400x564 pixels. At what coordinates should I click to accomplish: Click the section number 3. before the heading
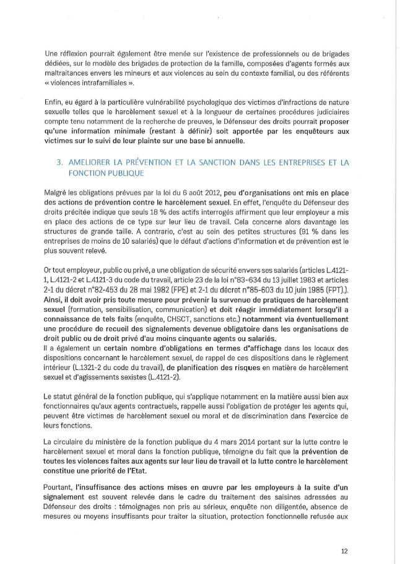[60, 162]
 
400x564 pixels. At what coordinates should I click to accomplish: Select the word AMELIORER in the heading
[90, 162]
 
